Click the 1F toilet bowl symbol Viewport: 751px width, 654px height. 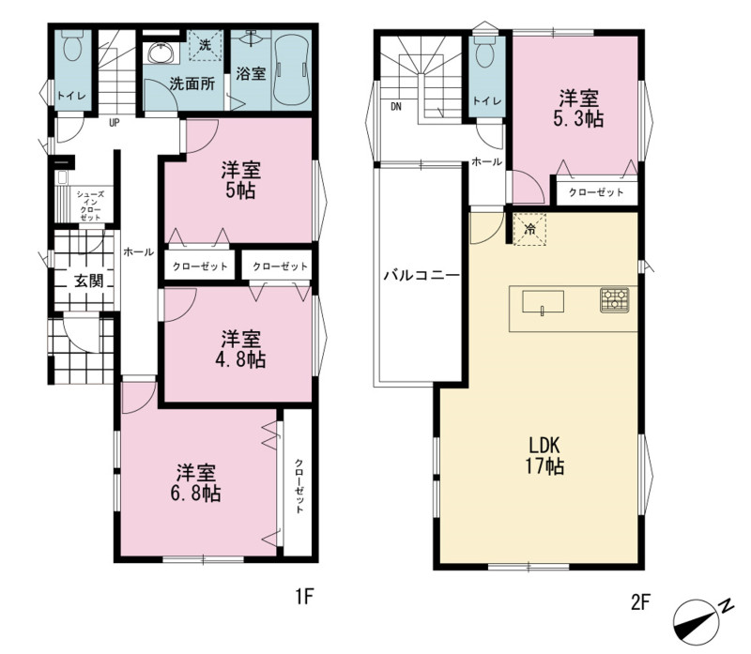point(73,45)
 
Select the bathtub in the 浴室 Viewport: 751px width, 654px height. point(292,68)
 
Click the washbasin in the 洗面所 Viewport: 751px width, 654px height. point(161,53)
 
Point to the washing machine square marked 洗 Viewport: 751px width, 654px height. point(206,45)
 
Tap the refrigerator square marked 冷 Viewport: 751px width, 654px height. point(529,229)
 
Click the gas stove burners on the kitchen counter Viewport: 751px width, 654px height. point(615,300)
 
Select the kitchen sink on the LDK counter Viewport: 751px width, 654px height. point(543,302)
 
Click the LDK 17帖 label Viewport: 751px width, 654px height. point(544,455)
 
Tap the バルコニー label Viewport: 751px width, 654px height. point(421,275)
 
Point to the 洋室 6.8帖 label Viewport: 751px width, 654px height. point(195,482)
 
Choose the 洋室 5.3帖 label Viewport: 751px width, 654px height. point(578,109)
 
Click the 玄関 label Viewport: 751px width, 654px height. point(88,280)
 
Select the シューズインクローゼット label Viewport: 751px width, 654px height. point(90,205)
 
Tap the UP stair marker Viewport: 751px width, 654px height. point(114,123)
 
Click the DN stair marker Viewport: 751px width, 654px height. point(396,106)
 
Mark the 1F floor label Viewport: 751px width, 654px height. point(303,597)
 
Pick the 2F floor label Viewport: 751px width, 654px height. point(640,601)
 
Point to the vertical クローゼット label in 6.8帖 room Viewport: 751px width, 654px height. point(299,485)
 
